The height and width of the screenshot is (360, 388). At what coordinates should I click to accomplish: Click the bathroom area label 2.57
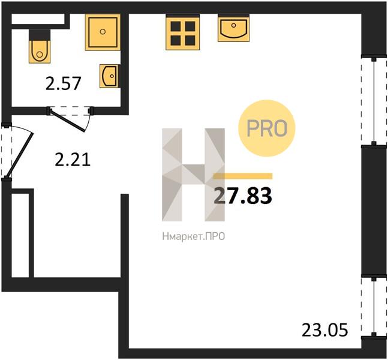[x=64, y=83]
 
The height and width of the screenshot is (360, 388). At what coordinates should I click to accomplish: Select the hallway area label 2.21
[x=73, y=160]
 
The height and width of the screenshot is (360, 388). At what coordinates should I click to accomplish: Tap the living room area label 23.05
[x=324, y=330]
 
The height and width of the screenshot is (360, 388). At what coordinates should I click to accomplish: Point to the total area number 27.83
[x=243, y=196]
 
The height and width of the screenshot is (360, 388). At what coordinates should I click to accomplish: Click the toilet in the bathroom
[x=40, y=46]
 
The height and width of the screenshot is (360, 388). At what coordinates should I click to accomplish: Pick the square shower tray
[x=103, y=32]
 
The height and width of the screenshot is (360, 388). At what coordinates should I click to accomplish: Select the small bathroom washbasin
[x=110, y=76]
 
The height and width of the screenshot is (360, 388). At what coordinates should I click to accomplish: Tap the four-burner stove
[x=183, y=32]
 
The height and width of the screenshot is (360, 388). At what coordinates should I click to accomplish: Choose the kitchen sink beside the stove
[x=234, y=28]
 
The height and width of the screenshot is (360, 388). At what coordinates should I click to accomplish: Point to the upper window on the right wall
[x=374, y=101]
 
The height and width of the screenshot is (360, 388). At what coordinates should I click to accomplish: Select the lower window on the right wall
[x=374, y=307]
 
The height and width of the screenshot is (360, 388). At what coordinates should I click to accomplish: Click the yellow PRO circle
[x=267, y=128]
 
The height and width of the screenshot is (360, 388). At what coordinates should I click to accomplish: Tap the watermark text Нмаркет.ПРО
[x=194, y=236]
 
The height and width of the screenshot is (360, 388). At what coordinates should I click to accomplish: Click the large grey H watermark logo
[x=193, y=175]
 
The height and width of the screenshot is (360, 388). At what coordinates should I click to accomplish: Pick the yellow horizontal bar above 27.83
[x=243, y=176]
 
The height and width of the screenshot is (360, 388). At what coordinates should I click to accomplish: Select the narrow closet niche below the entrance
[x=20, y=235]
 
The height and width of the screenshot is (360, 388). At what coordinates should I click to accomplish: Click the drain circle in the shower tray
[x=103, y=31]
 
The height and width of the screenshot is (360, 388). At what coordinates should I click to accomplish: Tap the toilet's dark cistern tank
[x=40, y=35]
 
